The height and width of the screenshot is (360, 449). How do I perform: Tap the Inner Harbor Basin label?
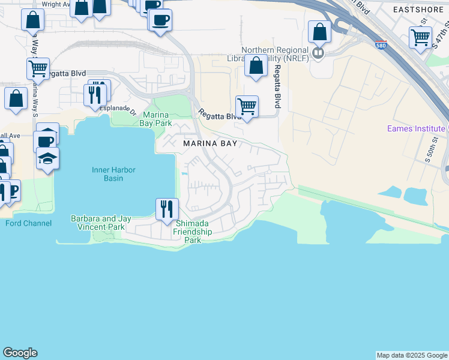113,175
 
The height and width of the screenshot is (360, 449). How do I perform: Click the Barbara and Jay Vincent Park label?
98,223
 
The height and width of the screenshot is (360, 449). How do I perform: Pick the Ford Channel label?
28,223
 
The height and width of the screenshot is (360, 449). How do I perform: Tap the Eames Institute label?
415,128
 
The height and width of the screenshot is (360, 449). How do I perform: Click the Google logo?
20,353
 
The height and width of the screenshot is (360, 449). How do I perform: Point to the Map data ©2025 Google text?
412,355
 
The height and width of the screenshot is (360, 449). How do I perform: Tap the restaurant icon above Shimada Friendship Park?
166,208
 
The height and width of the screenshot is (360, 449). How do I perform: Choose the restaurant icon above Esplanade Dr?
95,95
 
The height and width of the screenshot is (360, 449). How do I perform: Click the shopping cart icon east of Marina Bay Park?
247,107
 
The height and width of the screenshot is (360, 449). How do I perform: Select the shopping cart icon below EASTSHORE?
420,37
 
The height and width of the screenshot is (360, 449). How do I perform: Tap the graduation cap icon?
47,158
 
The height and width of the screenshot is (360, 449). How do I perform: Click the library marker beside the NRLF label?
318,53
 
